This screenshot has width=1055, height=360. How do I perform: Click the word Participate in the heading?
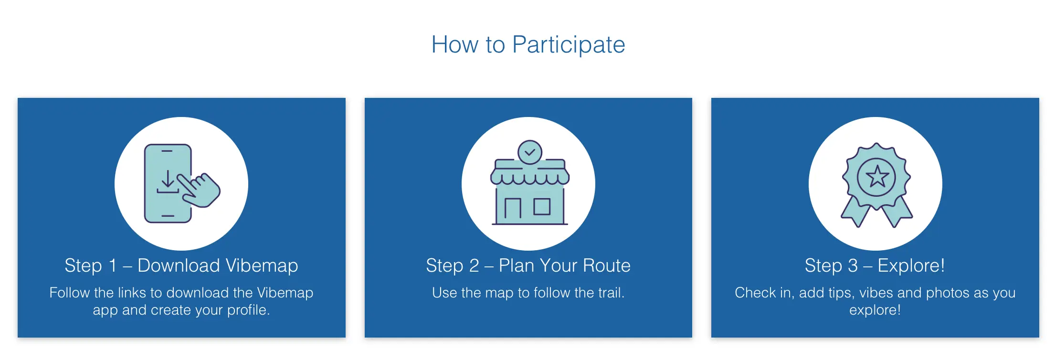tap(569, 45)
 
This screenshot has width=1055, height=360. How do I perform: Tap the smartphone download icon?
tap(182, 183)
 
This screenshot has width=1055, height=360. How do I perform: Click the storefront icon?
tap(529, 182)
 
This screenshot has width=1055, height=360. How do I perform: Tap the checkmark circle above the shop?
tap(529, 152)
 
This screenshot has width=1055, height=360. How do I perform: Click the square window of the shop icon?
tap(542, 206)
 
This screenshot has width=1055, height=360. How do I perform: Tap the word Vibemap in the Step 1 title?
tap(262, 265)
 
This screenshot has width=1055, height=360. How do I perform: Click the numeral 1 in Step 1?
tap(113, 265)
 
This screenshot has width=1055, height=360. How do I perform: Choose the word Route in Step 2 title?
tap(607, 265)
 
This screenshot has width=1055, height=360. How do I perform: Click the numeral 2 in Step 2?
tap(474, 265)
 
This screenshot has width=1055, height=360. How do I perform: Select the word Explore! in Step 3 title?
tap(911, 265)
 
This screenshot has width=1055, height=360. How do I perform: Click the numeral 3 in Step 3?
tap(853, 265)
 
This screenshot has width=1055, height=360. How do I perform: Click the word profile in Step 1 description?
tap(249, 310)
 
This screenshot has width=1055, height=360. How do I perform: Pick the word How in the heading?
tap(455, 45)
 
